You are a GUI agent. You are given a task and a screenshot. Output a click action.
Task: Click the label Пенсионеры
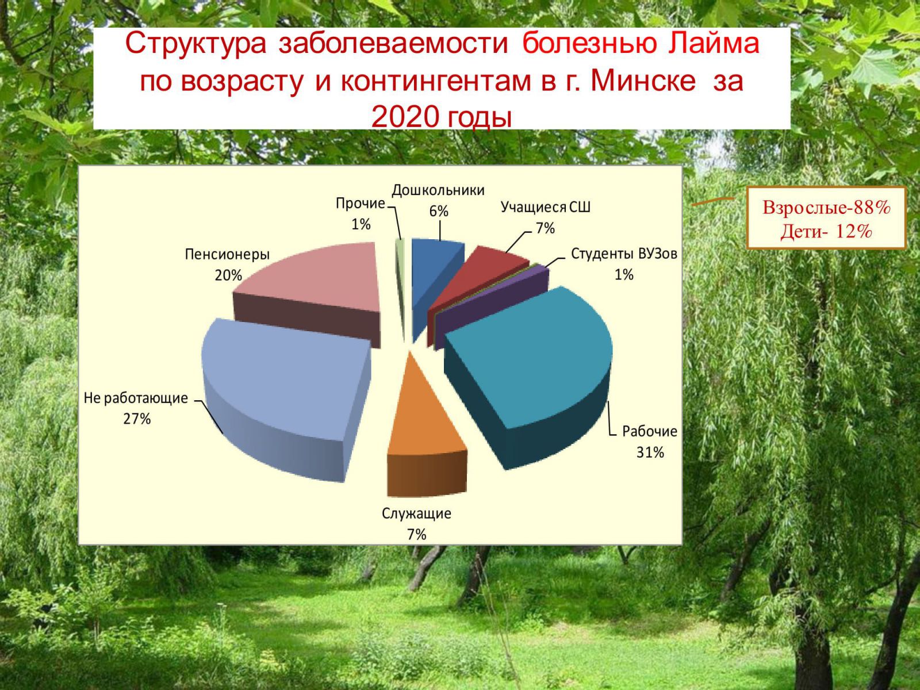[x=227, y=254]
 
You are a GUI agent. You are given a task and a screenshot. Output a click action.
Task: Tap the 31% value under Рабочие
[x=650, y=453]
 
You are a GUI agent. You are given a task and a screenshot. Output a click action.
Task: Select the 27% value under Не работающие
[x=137, y=419]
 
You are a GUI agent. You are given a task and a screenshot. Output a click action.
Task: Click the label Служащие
[x=416, y=513]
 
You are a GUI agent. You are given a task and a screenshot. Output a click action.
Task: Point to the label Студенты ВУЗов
[x=624, y=254]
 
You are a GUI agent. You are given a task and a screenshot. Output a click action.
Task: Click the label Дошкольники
[x=438, y=190]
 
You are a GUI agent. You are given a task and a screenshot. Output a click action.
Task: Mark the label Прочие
[x=361, y=204]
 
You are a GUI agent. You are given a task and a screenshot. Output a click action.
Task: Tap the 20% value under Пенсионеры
[x=228, y=275]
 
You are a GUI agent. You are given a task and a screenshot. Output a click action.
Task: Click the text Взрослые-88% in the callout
[x=826, y=208]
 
